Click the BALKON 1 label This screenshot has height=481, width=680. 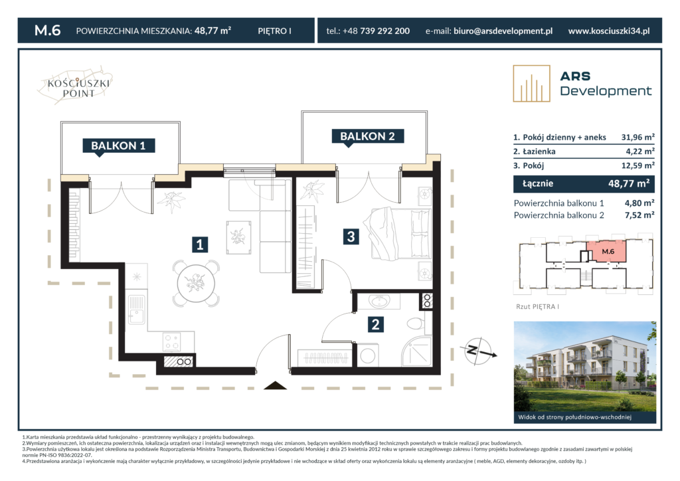coord(118,145)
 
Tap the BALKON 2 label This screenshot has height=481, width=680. coord(367,136)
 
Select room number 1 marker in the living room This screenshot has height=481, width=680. coord(199,244)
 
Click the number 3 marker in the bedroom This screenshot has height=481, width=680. coord(351,237)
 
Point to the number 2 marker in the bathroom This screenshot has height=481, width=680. coord(376,324)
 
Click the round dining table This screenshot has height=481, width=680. coord(196,284)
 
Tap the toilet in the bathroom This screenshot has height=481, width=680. coord(416,324)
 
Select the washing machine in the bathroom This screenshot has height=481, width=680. coord(368,355)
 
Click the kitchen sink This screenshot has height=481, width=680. coord(137,309)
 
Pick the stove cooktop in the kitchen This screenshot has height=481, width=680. coord(172,341)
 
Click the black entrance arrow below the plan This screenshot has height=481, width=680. coord(275,385)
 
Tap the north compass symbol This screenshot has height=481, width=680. coord(479,351)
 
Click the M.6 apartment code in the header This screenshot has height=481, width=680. coord(47,31)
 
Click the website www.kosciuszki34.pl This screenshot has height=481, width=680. coord(609,31)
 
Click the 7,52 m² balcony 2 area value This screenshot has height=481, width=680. coord(639,215)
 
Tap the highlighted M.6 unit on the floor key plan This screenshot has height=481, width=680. coord(607,251)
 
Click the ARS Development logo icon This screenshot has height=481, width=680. coord(531,84)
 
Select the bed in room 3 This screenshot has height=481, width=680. coord(399,234)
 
